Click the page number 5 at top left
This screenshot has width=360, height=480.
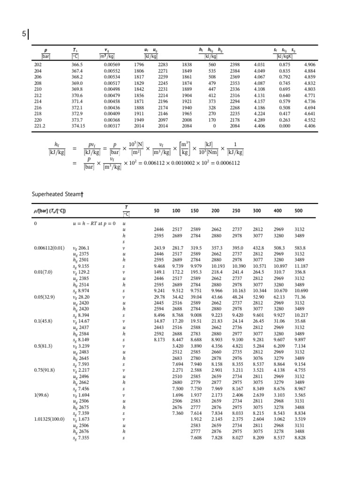[24, 34]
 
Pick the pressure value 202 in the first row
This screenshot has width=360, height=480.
[38, 64]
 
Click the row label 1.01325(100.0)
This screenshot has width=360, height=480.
[50, 419]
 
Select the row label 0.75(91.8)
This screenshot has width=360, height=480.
[44, 370]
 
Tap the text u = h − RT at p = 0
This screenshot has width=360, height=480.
[94, 224]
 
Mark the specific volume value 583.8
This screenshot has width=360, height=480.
[300, 248]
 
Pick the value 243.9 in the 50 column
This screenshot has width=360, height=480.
[159, 248]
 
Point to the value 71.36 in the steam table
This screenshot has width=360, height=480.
[300, 297]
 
